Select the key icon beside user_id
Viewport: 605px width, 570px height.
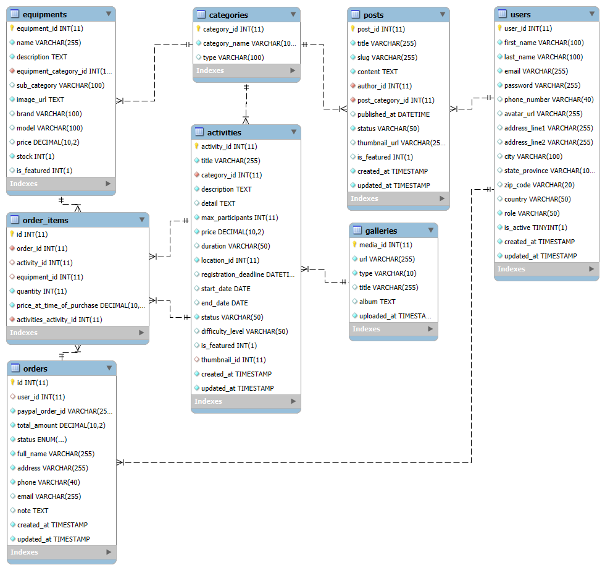pos(499,28)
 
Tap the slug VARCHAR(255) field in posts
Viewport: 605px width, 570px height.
pos(387,57)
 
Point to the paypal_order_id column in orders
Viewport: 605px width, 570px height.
pos(64,411)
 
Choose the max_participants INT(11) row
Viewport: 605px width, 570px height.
pos(240,218)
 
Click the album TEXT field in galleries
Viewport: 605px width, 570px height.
pos(377,302)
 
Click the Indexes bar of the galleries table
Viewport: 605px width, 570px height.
pos(393,329)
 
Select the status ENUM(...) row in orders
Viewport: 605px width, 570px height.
pos(42,440)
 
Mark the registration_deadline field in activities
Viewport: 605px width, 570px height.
pos(248,274)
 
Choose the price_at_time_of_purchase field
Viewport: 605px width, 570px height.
pos(81,305)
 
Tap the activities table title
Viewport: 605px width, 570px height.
pos(224,132)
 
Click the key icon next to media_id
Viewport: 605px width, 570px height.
pos(354,245)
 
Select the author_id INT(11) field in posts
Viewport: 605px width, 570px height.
pos(384,86)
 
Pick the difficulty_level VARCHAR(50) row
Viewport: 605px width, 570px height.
pos(244,331)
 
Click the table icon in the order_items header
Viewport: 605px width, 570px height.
pos(15,220)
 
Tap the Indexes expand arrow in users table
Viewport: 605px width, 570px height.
pos(591,269)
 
